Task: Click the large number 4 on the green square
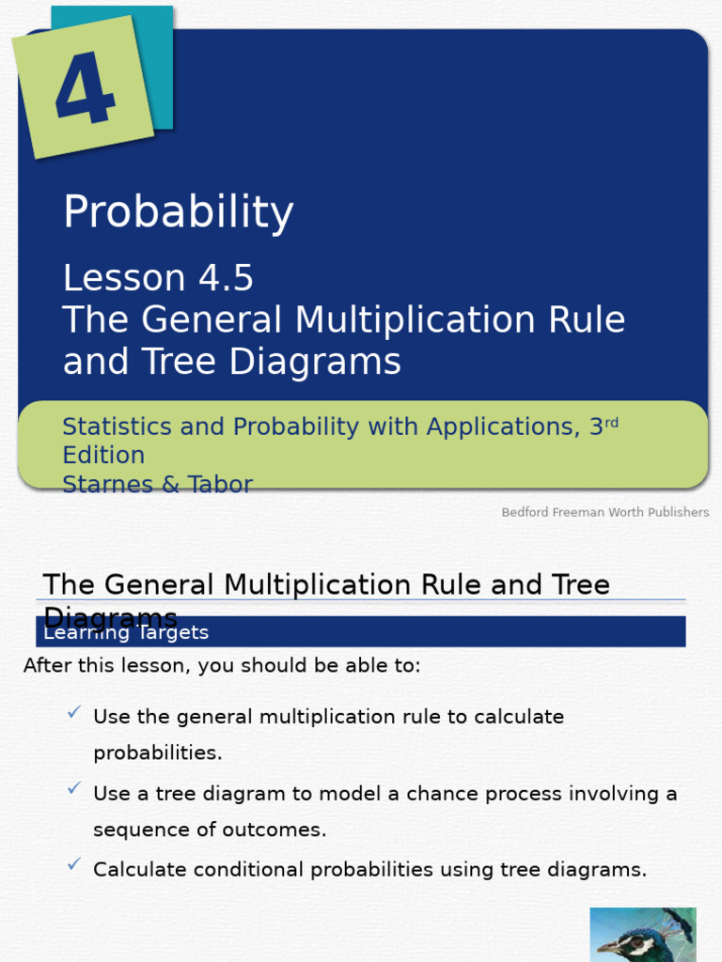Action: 85,90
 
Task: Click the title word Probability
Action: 178,213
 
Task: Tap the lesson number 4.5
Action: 226,278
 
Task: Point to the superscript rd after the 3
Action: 612,422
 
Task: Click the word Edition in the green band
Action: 103,456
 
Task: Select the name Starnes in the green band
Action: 104,485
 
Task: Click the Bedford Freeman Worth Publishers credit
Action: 604,512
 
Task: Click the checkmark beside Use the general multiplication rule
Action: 73,713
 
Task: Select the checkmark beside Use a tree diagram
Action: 73,789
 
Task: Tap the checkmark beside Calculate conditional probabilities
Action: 73,865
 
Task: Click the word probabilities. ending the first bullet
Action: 157,753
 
